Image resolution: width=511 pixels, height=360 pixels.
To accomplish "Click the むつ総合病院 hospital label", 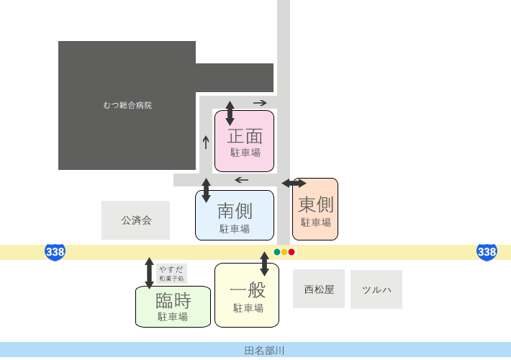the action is click(127, 105).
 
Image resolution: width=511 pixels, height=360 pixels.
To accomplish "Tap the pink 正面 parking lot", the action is click(244, 141).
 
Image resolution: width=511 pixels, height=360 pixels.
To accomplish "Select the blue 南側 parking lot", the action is click(235, 215).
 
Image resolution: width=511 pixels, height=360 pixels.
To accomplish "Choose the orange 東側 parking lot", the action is click(315, 209).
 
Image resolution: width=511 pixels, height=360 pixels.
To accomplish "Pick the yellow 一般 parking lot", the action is click(247, 295).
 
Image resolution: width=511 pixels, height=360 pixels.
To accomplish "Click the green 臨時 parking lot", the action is click(173, 307).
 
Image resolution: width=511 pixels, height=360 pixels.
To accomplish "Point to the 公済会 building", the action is click(135, 220).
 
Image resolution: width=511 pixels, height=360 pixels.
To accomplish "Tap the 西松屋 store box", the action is click(319, 289).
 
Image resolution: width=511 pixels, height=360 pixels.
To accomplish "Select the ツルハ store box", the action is click(376, 289).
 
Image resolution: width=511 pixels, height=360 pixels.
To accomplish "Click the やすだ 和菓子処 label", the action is click(171, 274).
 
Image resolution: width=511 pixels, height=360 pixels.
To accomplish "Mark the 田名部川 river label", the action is click(264, 351).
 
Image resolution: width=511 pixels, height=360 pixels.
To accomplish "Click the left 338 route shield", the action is click(55, 252).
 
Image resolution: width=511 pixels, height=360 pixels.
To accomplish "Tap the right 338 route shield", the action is click(487, 252).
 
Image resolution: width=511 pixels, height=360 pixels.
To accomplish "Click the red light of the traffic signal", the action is click(291, 252).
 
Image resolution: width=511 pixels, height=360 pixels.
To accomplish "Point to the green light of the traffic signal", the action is click(277, 252).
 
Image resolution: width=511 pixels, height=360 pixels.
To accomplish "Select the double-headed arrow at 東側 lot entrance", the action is click(294, 184).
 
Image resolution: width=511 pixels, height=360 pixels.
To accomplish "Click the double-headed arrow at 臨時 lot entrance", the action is click(149, 274).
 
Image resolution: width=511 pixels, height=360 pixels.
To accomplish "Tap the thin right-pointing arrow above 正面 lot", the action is click(260, 103).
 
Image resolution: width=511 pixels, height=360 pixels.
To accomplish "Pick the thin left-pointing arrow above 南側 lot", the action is click(242, 180).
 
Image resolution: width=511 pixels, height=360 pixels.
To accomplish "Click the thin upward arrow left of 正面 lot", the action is click(206, 143).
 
